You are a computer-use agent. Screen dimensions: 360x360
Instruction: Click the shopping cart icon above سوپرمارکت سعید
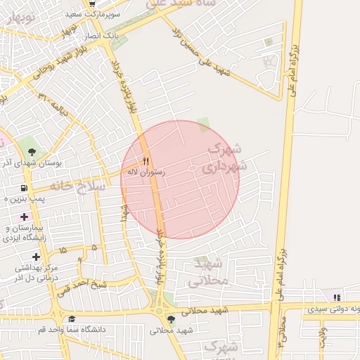pyautogui.click(x=91, y=4)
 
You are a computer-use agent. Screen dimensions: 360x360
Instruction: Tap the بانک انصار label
pyautogui.click(x=120, y=34)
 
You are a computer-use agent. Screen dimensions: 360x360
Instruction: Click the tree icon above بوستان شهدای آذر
pyautogui.click(x=32, y=151)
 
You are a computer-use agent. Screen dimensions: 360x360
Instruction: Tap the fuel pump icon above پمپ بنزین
pyautogui.click(x=25, y=188)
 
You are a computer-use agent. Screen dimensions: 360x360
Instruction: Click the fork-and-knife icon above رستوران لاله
pyautogui.click(x=146, y=160)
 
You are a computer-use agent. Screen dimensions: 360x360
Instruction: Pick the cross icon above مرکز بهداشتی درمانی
pyautogui.click(x=36, y=257)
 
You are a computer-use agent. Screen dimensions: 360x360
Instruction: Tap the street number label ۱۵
pyautogui.click(x=63, y=250)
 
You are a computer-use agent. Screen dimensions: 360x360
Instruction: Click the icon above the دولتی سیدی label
pyautogui.click(x=337, y=297)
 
